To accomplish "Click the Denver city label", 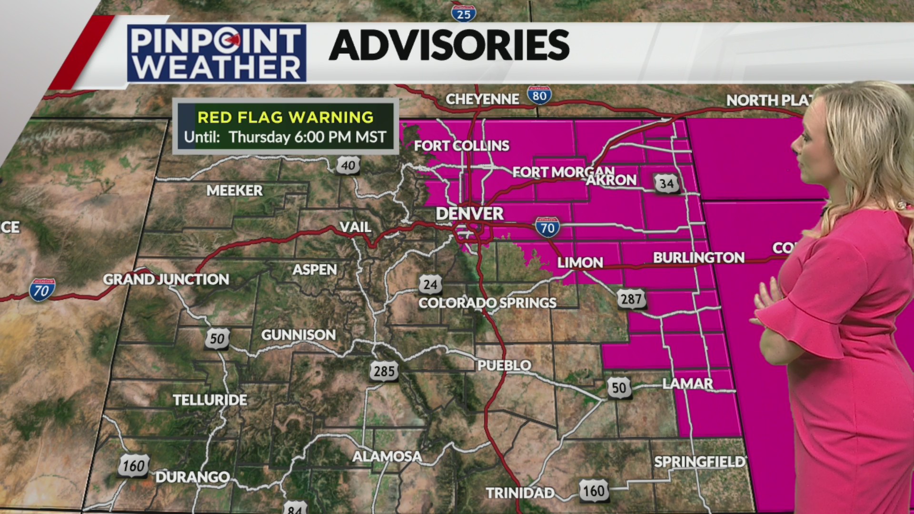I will (469, 214).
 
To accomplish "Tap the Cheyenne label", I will (482, 99).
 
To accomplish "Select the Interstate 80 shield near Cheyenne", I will (539, 96).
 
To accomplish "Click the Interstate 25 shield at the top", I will (464, 13).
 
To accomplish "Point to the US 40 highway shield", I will (348, 165).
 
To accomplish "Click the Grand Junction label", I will (166, 279).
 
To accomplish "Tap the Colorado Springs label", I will (487, 303).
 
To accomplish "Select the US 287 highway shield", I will (631, 299).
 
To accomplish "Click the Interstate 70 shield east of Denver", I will (547, 227).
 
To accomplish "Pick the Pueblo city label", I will (504, 365).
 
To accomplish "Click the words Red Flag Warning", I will (286, 117).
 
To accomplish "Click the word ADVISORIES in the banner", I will (449, 45).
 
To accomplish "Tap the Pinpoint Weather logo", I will (217, 53).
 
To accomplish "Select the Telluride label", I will (210, 400).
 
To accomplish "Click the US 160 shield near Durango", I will (134, 465).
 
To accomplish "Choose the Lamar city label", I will (687, 383).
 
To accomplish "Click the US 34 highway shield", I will (666, 184).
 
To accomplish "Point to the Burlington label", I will (698, 257).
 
